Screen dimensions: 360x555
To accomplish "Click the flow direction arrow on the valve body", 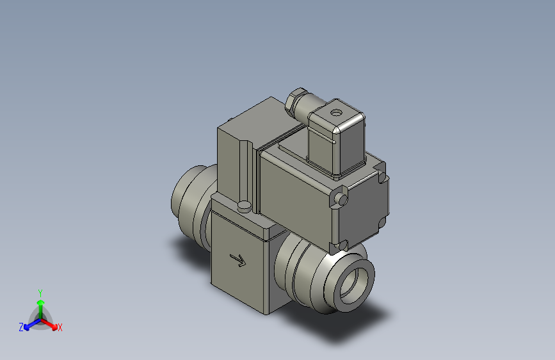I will click(x=237, y=260).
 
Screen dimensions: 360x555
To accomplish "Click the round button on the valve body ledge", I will click(x=244, y=206).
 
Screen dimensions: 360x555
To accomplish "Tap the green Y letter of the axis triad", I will click(x=40, y=292).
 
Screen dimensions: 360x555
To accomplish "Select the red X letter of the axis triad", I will click(x=60, y=328).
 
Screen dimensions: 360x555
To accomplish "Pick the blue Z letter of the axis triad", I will click(x=21, y=327).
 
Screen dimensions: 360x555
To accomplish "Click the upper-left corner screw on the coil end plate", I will click(x=342, y=200).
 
